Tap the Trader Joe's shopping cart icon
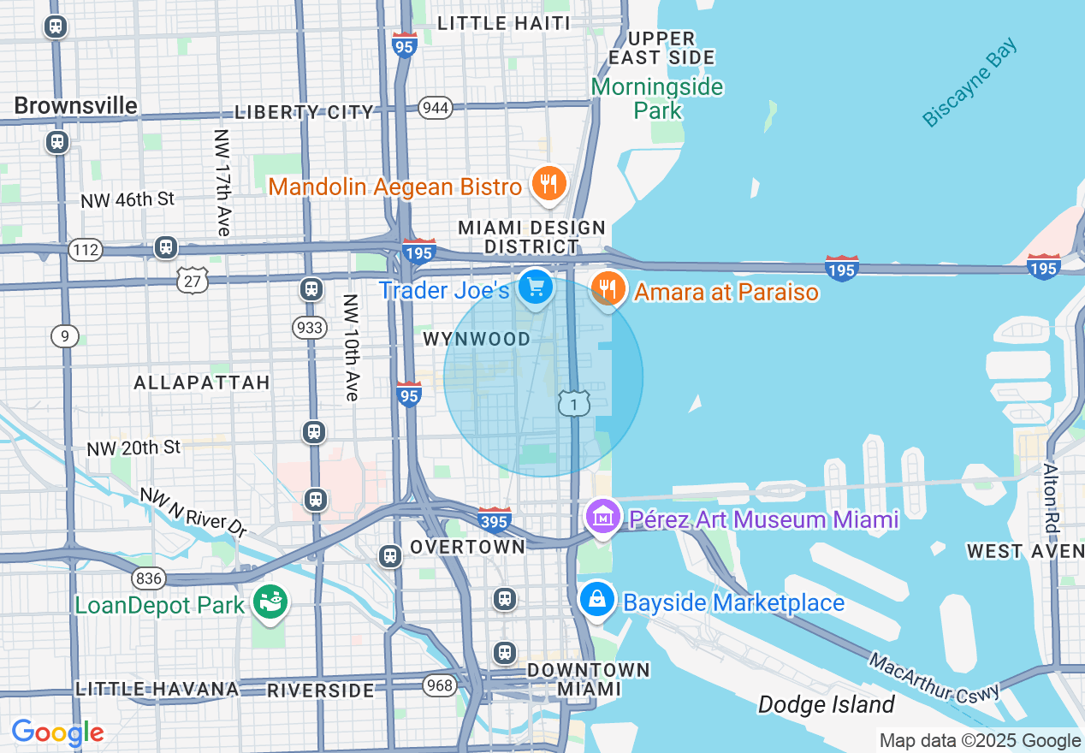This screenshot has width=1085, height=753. pyautogui.click(x=536, y=288)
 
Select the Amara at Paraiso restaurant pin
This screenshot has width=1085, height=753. pyautogui.click(x=608, y=289)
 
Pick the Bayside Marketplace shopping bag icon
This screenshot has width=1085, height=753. pyautogui.click(x=598, y=601)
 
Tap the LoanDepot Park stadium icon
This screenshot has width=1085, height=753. pyautogui.click(x=271, y=603)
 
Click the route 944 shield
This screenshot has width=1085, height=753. pyautogui.click(x=436, y=108)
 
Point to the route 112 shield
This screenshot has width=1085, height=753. pyautogui.click(x=86, y=250)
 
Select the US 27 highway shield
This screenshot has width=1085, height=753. pyautogui.click(x=193, y=280)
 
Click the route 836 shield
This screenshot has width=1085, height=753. pyautogui.click(x=149, y=579)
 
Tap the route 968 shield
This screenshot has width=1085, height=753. pyautogui.click(x=439, y=685)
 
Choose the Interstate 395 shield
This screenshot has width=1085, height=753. pyautogui.click(x=495, y=519)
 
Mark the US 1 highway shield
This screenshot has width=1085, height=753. pyautogui.click(x=574, y=403)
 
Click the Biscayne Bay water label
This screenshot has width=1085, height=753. pyautogui.click(x=970, y=83)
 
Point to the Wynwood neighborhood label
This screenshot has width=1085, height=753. pyautogui.click(x=477, y=340)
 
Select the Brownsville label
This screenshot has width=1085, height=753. pyautogui.click(x=75, y=105)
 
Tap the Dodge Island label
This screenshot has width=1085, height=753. pyautogui.click(x=826, y=705)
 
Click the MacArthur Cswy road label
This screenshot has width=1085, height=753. pyautogui.click(x=933, y=678)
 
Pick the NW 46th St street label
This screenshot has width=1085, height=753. pyautogui.click(x=127, y=200)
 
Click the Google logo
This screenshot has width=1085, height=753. pyautogui.click(x=57, y=732)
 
